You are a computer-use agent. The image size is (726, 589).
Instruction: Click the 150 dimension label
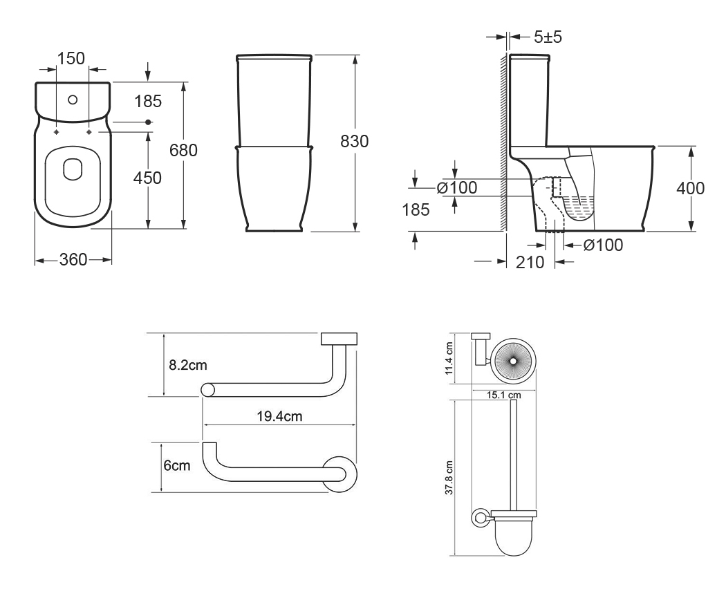[71, 58]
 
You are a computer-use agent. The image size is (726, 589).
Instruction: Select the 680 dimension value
[183, 150]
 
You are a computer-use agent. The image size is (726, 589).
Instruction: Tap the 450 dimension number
[147, 178]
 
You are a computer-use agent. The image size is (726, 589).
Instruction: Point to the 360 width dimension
[73, 260]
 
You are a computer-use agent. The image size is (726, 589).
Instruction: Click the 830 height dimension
[354, 141]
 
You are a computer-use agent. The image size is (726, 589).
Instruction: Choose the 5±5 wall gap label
[548, 37]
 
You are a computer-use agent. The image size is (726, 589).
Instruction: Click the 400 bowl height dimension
[690, 188]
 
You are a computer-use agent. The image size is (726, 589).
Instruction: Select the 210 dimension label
[530, 262]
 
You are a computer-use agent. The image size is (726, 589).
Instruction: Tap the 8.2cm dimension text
[187, 365]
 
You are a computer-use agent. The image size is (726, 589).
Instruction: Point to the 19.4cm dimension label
[279, 416]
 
